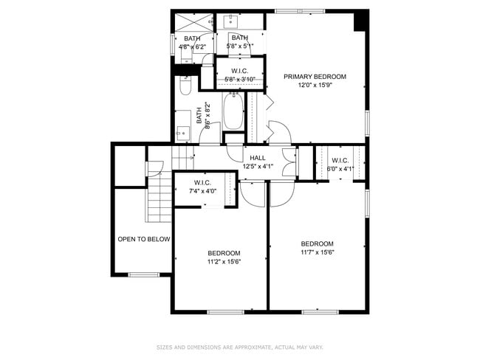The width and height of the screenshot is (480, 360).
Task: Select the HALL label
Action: coord(258,158)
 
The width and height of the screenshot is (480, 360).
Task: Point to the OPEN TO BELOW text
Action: coord(144,239)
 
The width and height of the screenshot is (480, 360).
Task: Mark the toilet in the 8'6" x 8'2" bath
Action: coord(185,87)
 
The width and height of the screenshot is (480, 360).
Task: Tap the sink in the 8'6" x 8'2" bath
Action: coord(182,133)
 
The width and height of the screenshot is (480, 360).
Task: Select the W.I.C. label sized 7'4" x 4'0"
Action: coord(202,182)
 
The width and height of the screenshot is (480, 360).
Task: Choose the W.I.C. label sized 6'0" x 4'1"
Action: coord(340,160)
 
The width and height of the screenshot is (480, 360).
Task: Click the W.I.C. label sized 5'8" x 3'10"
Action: coord(239,71)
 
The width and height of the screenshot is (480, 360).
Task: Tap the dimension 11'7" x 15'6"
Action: coord(317,253)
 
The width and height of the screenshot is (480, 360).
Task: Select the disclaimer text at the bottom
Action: coord(240,347)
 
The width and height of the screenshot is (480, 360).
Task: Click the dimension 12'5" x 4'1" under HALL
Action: coord(258,167)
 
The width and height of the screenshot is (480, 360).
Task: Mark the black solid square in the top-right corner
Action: coord(360,21)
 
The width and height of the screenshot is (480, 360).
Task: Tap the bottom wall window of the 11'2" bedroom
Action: coord(225,312)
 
